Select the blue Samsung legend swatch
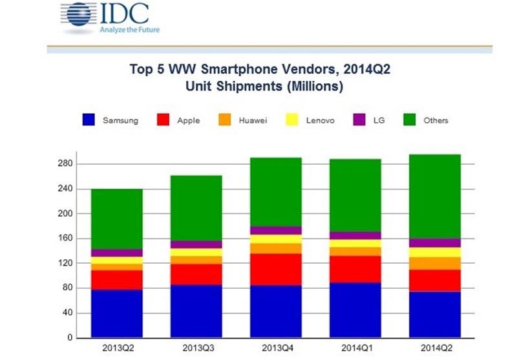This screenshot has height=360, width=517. [89, 120]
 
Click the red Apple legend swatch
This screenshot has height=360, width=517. [165, 120]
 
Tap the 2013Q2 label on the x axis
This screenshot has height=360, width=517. [116, 348]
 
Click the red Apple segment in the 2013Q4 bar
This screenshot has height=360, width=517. [276, 269]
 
